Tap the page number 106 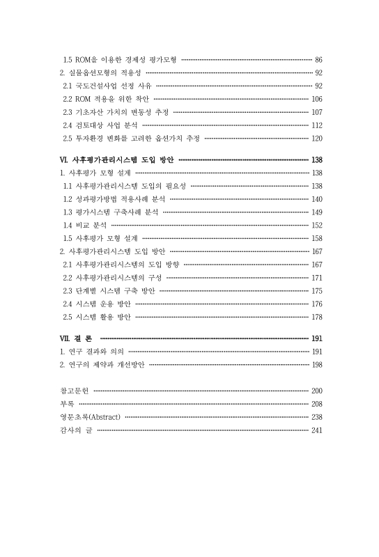pyautogui.click(x=316, y=99)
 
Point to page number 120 pyautogui.click(x=316, y=139)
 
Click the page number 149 pyautogui.click(x=316, y=212)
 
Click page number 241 pyautogui.click(x=316, y=430)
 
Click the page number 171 pyautogui.click(x=316, y=277)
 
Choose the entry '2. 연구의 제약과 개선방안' pyautogui.click(x=102, y=364)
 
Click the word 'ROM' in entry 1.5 pyautogui.click(x=83, y=60)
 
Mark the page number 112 pyautogui.click(x=316, y=125)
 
